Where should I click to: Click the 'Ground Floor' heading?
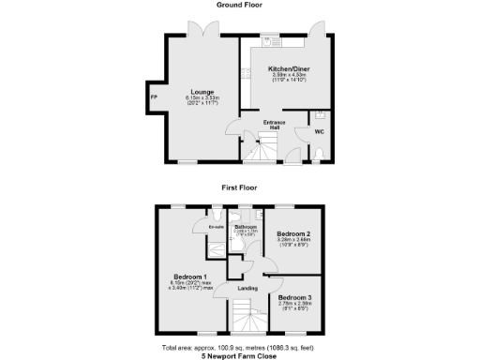point(239,5)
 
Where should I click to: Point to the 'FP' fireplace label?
point(154,97)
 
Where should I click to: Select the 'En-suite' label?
point(215,226)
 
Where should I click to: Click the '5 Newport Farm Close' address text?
point(239,355)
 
